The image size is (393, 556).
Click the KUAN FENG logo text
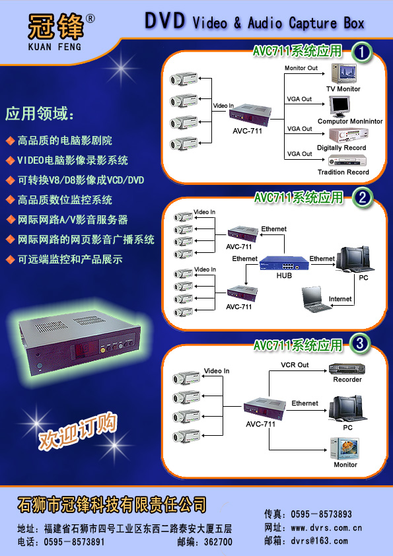pos(55,46)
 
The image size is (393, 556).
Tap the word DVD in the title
pos(165,20)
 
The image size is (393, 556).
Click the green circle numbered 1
pos(362,53)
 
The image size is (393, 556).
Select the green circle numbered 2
pos(362,197)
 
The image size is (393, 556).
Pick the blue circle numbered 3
pos(360,343)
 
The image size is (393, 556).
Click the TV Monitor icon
pos(343,73)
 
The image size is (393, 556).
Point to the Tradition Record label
pos(343,172)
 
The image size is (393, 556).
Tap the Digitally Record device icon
pos(348,135)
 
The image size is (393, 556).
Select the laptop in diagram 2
pos(315,300)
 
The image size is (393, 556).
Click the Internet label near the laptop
pos(339,299)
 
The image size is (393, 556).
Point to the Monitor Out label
pos(301,68)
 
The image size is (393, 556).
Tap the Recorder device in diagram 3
pos(347,368)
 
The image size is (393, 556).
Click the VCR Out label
pos(295,365)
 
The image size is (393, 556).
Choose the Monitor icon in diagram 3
pos(344,448)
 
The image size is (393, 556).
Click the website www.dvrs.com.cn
pos(326,528)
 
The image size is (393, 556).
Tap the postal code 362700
pos(218,542)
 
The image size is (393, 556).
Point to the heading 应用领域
pos(40,114)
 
